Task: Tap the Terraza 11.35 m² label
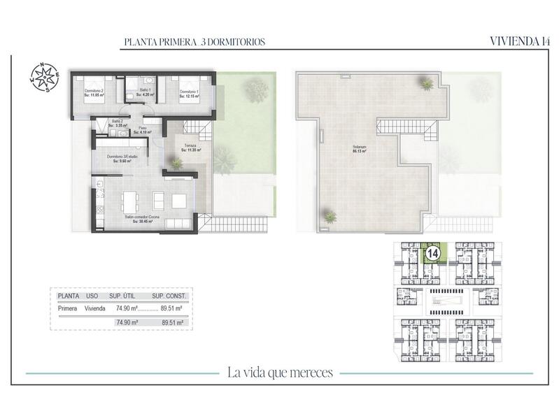190,147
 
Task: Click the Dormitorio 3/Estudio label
122,158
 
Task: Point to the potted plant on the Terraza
177,164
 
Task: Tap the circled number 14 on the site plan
432,252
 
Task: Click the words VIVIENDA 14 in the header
518,41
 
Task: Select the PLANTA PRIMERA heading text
194,42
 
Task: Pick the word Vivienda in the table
98,308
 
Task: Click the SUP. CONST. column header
168,296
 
